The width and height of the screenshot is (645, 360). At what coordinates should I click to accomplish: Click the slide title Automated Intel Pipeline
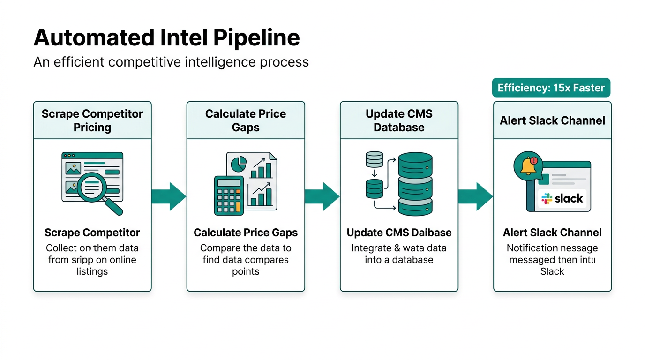(x=166, y=37)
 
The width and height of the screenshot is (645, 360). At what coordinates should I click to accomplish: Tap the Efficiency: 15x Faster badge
(x=551, y=88)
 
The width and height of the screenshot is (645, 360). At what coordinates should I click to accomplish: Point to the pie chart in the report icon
(x=240, y=164)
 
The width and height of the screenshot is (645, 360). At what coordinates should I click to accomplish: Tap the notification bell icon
(x=528, y=165)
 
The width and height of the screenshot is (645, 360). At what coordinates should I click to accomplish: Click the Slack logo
(x=562, y=198)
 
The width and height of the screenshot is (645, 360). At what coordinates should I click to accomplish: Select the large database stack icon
(x=415, y=184)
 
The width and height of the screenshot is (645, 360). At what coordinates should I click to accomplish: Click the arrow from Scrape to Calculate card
(x=169, y=196)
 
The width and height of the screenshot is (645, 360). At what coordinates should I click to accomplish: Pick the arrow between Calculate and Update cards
(x=322, y=196)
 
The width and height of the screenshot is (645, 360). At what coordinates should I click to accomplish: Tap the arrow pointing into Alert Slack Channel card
(x=475, y=196)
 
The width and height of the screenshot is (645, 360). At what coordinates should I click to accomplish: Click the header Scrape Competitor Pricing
(x=92, y=120)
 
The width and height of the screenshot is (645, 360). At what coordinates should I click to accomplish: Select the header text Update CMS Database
(x=399, y=120)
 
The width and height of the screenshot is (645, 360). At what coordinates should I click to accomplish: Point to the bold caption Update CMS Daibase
(x=399, y=232)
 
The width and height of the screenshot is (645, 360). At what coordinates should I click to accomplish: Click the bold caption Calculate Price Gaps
(x=246, y=232)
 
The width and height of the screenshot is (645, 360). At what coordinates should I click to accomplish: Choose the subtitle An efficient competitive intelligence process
(x=171, y=62)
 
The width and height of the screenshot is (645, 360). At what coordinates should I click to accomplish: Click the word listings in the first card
(x=92, y=271)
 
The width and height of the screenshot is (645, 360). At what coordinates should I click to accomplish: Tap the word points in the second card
(x=246, y=271)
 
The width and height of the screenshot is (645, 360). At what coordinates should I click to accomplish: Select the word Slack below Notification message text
(x=552, y=271)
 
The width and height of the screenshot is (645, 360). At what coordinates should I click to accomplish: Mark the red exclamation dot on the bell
(x=535, y=160)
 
